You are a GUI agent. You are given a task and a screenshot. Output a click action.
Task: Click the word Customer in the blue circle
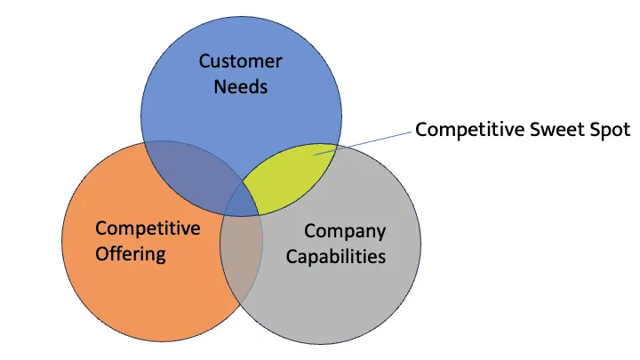[240, 61]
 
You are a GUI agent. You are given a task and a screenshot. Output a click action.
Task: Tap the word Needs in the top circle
[240, 87]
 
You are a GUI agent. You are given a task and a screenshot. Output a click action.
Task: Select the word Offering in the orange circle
[131, 254]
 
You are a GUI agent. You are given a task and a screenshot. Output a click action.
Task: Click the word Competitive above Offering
[148, 228]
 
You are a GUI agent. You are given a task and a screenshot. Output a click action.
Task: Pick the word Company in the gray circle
[345, 231]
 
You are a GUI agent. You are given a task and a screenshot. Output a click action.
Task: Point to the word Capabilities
[341, 257]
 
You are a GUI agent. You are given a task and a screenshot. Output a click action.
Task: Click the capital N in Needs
[219, 87]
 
